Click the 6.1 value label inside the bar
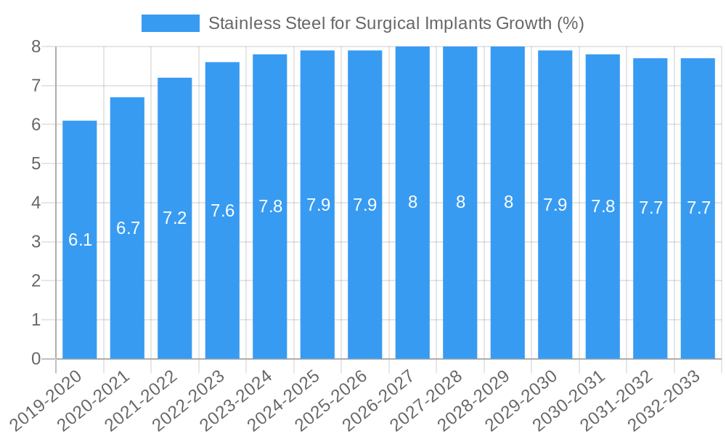80,240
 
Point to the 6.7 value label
128,228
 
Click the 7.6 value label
222,211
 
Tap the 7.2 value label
175,218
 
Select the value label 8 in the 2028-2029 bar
508,203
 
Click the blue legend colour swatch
170,23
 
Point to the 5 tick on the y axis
36,163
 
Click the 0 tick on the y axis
36,359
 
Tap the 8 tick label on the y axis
36,47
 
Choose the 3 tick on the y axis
36,242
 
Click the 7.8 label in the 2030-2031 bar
603,206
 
